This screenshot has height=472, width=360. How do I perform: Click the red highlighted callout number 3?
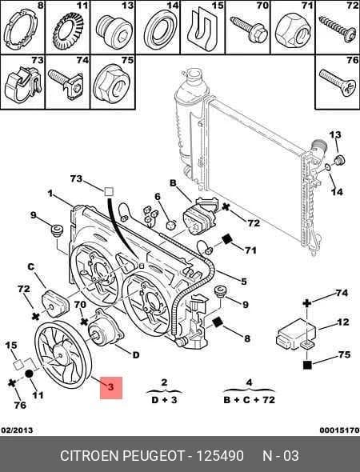click(110, 387)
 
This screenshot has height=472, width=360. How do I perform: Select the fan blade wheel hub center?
click(61, 355)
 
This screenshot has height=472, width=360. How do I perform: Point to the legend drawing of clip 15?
click(202, 30)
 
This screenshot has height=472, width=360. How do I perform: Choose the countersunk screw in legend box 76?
click(338, 82)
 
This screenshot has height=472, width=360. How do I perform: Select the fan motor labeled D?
click(105, 328)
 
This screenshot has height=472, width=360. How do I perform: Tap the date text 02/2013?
click(17, 430)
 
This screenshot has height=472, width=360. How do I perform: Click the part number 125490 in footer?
click(220, 456)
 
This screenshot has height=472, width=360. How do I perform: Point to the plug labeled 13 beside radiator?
click(340, 159)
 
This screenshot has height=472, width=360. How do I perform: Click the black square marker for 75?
click(307, 365)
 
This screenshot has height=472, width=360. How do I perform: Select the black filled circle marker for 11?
click(29, 374)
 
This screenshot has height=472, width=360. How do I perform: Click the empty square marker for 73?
click(109, 192)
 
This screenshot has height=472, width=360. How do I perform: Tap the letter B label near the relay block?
click(173, 182)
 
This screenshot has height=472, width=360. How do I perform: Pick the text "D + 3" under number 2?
click(164, 400)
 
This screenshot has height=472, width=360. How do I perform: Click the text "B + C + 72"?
click(250, 400)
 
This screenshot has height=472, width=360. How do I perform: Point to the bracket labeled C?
click(54, 303)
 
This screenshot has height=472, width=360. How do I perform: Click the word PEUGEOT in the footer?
click(154, 456)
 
